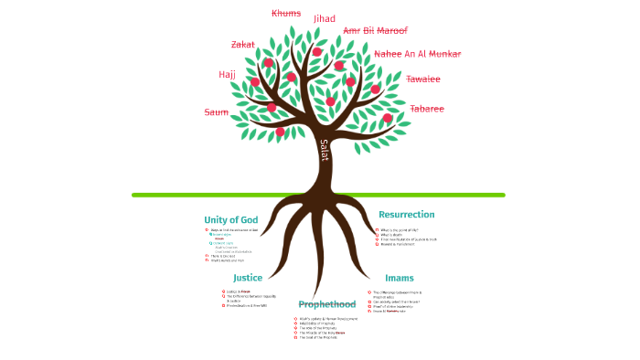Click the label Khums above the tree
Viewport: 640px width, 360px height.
pyautogui.click(x=286, y=14)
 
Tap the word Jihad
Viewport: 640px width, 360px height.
pyautogui.click(x=325, y=18)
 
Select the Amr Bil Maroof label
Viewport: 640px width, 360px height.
pyautogui.click(x=375, y=31)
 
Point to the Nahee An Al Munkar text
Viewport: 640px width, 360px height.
pyautogui.click(x=418, y=55)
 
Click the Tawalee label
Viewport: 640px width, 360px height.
pyautogui.click(x=423, y=79)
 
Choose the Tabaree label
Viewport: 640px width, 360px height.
pyautogui.click(x=427, y=109)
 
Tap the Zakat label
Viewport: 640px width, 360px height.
pyautogui.click(x=243, y=45)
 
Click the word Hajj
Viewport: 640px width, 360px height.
pyautogui.click(x=228, y=74)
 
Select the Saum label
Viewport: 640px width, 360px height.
pyautogui.click(x=217, y=112)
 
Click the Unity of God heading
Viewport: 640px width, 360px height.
pyautogui.click(x=232, y=219)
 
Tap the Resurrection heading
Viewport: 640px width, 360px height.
pyautogui.click(x=407, y=215)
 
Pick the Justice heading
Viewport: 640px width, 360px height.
pyautogui.click(x=248, y=277)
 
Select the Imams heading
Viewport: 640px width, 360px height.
pyautogui.click(x=400, y=278)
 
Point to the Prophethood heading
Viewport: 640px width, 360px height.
pyautogui.click(x=326, y=304)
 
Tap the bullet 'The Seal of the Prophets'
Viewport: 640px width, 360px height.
pyautogui.click(x=322, y=339)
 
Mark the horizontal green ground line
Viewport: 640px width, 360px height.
pyautogui.click(x=183, y=195)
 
